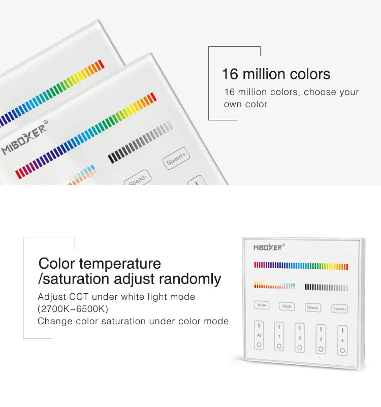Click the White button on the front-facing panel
(262, 305)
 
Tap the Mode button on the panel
(287, 306)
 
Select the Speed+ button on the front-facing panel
(340, 309)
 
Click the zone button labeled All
(259, 335)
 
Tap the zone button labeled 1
(279, 336)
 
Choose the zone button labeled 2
(300, 338)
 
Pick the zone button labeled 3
(321, 339)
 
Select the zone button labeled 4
(342, 340)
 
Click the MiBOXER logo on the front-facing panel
(269, 247)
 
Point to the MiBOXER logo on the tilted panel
(25, 137)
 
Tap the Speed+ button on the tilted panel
(176, 159)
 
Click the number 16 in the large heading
(230, 74)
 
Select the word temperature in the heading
(120, 264)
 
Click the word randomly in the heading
(189, 279)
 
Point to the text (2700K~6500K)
(73, 309)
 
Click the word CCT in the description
(79, 297)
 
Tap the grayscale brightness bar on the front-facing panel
(326, 288)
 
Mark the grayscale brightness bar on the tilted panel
(140, 142)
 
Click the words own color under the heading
(245, 104)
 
